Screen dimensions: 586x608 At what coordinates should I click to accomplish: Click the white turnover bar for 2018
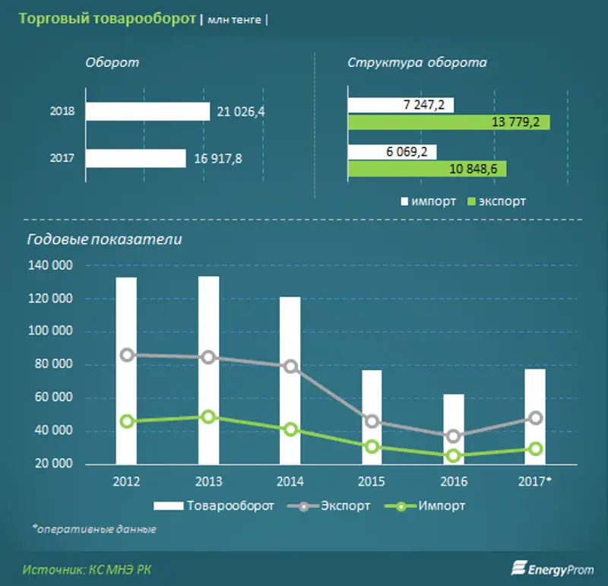click(x=147, y=112)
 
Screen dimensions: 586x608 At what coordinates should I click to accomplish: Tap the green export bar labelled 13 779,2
click(x=448, y=122)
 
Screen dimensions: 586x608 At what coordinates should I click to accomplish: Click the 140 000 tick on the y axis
click(x=51, y=265)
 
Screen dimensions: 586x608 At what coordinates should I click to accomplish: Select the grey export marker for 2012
click(x=126, y=355)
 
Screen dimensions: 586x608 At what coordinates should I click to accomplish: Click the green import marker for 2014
click(x=290, y=429)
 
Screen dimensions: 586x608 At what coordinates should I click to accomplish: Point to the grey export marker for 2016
click(x=454, y=436)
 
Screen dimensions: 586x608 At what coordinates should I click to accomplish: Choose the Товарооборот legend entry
click(x=214, y=505)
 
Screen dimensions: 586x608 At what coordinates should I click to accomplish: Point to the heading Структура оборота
click(x=416, y=62)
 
